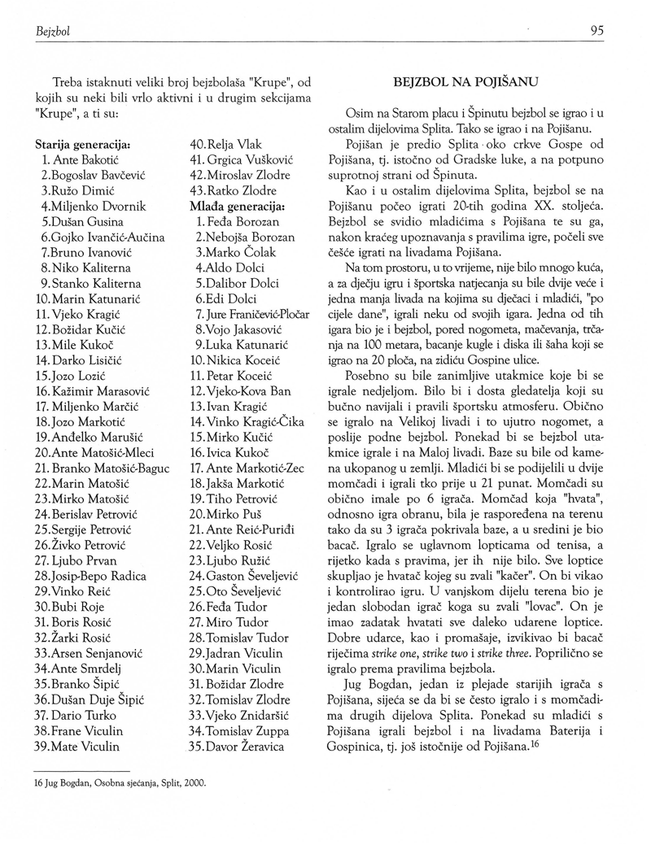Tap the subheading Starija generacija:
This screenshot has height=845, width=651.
pyautogui.click(x=84, y=144)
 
